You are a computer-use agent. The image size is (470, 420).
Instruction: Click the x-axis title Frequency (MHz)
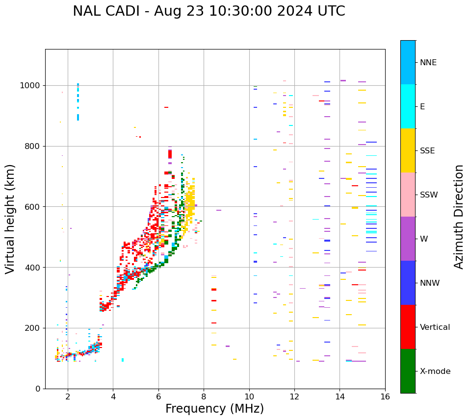(x=214, y=409)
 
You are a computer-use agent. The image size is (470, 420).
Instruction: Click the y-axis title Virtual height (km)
(x=10, y=219)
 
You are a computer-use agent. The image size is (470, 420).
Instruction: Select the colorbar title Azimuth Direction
(x=459, y=216)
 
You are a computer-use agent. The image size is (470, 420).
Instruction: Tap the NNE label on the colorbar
(x=428, y=63)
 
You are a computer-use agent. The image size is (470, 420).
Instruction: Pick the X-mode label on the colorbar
(x=435, y=371)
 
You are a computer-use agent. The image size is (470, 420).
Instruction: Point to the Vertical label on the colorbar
(x=435, y=327)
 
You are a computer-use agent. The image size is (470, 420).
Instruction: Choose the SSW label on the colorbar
(x=429, y=195)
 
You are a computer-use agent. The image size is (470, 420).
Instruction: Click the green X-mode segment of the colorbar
(x=408, y=371)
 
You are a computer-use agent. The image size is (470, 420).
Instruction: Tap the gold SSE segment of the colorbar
(x=408, y=150)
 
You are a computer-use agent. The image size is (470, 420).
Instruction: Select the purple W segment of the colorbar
(x=408, y=239)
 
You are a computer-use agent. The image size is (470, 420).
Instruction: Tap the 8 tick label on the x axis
(x=204, y=397)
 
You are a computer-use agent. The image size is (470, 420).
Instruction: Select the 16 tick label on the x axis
(x=385, y=397)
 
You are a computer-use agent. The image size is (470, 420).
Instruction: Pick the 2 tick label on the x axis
(x=68, y=397)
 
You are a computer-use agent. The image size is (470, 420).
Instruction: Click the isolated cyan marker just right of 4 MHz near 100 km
(x=123, y=360)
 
